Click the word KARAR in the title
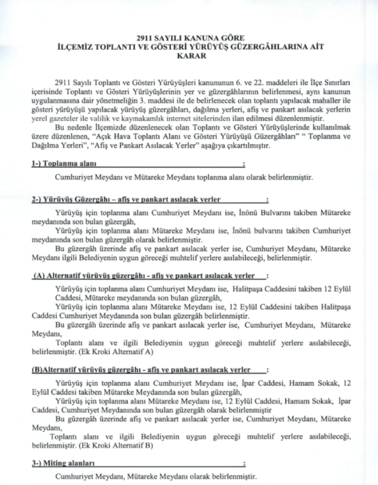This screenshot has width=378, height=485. click(x=189, y=56)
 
